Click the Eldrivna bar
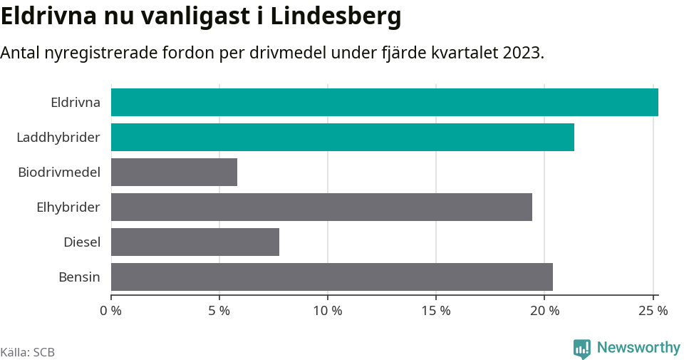[384, 102]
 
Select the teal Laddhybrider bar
[342, 137]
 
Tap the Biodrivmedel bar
[174, 172]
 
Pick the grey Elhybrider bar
[321, 207]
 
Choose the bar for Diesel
[195, 242]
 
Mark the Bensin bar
[331, 277]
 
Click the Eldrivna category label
[75, 102]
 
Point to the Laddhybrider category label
[58, 137]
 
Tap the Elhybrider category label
[68, 207]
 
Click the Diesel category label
[81, 242]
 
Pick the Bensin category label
[79, 277]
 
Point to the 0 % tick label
[110, 311]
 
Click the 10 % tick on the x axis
[327, 311]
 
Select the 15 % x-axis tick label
[435, 311]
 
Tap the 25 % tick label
[653, 311]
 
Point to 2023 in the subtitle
[521, 53]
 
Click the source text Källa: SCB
[28, 352]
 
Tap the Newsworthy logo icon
[582, 348]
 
